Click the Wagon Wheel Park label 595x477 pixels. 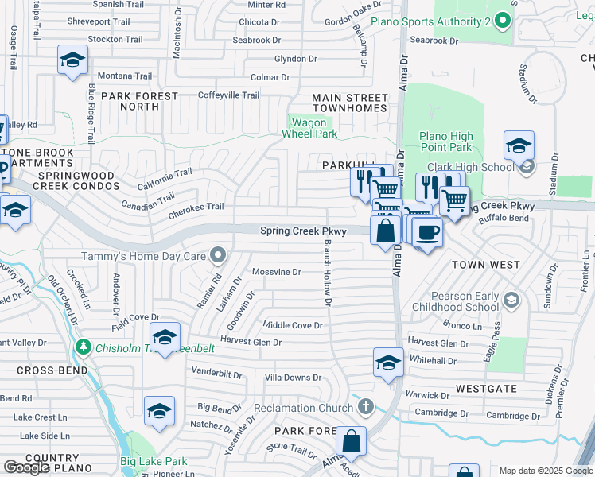click(309, 128)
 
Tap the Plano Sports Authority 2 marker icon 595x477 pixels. click(501, 19)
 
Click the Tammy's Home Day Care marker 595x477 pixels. click(217, 255)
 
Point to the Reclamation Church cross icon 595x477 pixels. click(365, 408)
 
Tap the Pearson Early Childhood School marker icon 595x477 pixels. click(511, 301)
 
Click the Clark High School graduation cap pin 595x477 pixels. click(518, 145)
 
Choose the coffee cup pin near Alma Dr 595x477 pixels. click(427, 232)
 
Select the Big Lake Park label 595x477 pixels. click(154, 461)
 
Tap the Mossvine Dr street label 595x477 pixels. click(276, 272)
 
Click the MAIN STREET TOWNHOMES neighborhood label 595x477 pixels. click(349, 103)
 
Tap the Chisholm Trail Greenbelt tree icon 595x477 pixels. click(83, 347)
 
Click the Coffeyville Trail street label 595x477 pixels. click(228, 95)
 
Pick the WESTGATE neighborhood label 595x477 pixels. click(486, 389)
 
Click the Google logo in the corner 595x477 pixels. click(26, 467)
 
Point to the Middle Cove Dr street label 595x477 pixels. click(293, 325)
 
